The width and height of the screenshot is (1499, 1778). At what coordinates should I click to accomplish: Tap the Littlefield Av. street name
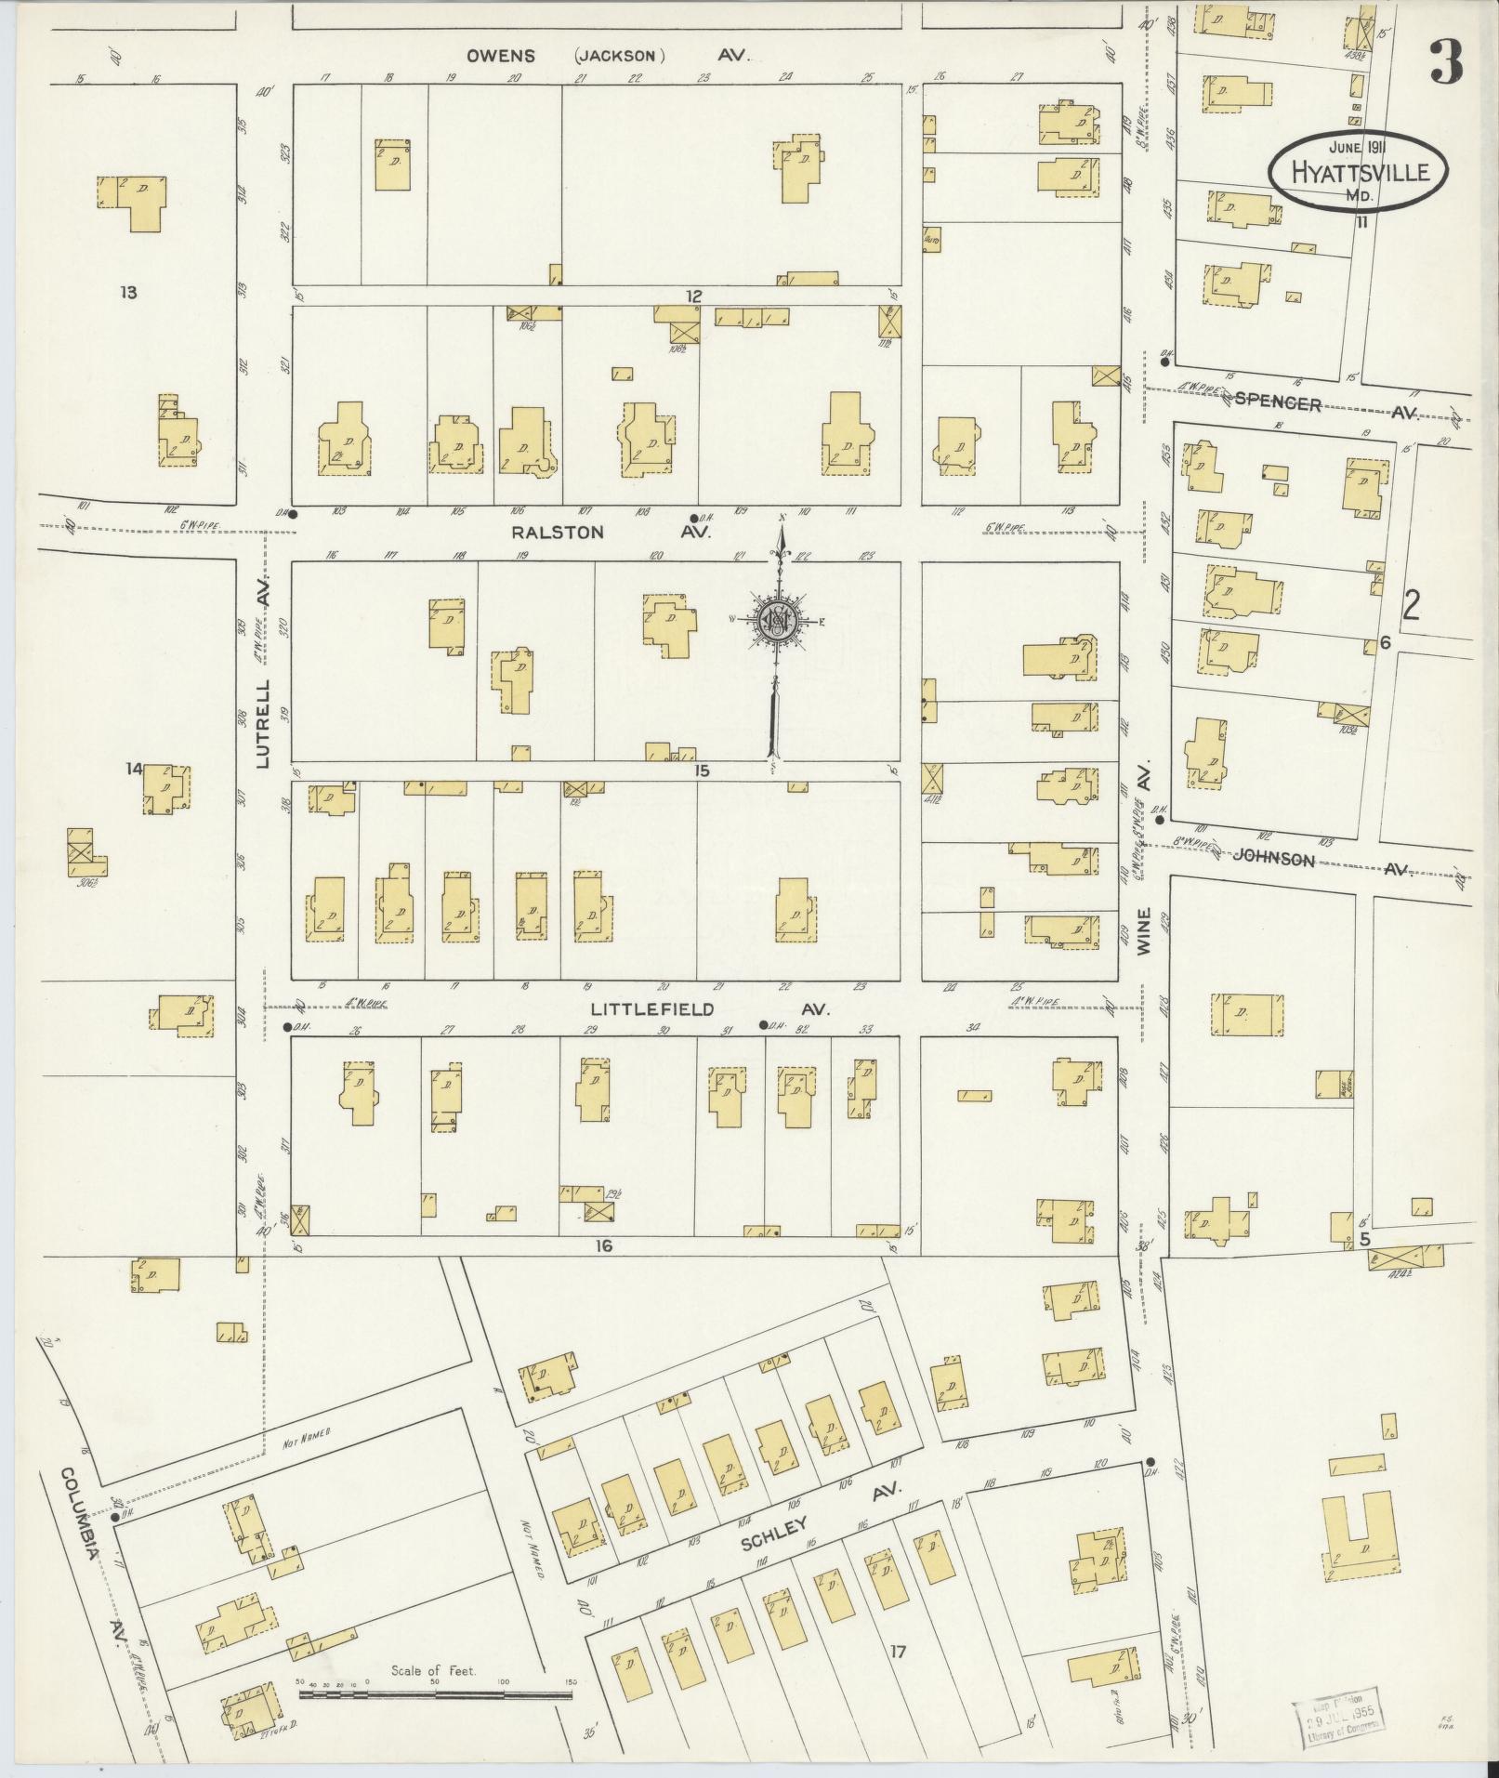point(710,1009)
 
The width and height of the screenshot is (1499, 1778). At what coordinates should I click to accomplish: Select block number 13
point(128,293)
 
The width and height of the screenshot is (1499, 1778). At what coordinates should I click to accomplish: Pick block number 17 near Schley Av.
point(897,1651)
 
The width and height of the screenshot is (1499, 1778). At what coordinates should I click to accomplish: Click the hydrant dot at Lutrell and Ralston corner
point(292,514)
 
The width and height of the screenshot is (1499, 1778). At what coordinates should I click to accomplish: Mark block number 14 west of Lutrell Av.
point(135,769)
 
